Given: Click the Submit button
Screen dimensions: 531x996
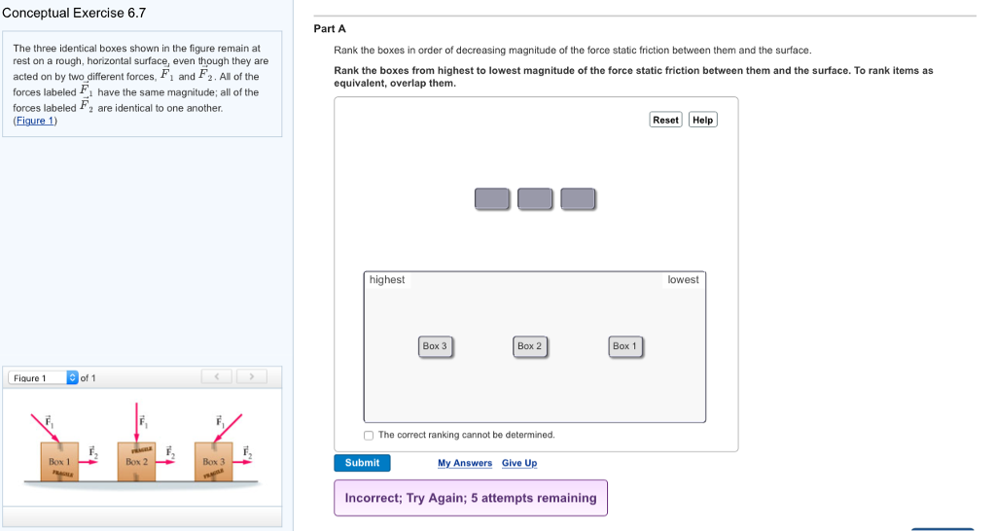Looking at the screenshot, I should click(x=362, y=463).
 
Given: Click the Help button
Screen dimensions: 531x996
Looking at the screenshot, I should click(x=702, y=120).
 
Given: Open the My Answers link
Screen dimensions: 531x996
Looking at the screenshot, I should click(x=464, y=463).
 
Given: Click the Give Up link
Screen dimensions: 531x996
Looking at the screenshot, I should click(x=519, y=463).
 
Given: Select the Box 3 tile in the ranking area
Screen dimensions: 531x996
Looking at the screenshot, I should click(x=435, y=346).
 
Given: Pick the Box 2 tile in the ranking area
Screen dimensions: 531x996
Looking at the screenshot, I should click(x=530, y=346).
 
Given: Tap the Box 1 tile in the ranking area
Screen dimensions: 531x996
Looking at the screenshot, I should click(x=624, y=346).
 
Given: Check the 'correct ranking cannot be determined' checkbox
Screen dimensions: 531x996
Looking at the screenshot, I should click(x=369, y=435).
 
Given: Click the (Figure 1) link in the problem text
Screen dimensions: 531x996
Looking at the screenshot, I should click(x=35, y=121).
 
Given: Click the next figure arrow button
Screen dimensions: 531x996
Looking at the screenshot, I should click(x=251, y=376).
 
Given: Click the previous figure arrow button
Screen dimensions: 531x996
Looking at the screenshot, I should click(x=218, y=376).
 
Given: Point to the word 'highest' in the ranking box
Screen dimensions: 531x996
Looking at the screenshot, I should click(x=387, y=280).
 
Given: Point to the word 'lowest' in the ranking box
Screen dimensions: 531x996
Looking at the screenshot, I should click(x=683, y=280).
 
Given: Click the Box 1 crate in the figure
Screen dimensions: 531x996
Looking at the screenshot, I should click(x=59, y=462).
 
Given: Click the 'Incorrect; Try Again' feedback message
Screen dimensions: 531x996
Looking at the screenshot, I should click(x=470, y=498).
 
